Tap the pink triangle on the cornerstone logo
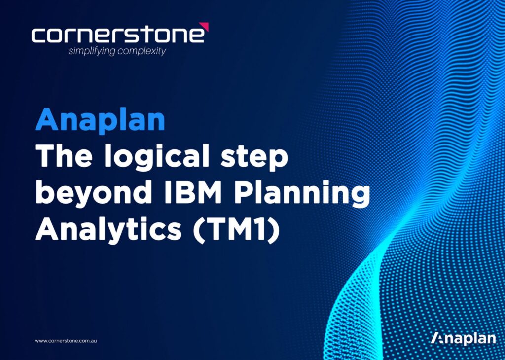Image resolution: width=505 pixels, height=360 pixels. [x=205, y=27]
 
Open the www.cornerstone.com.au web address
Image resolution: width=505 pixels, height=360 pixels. [x=66, y=341]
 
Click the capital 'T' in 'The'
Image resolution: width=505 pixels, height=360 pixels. [x=45, y=157]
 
